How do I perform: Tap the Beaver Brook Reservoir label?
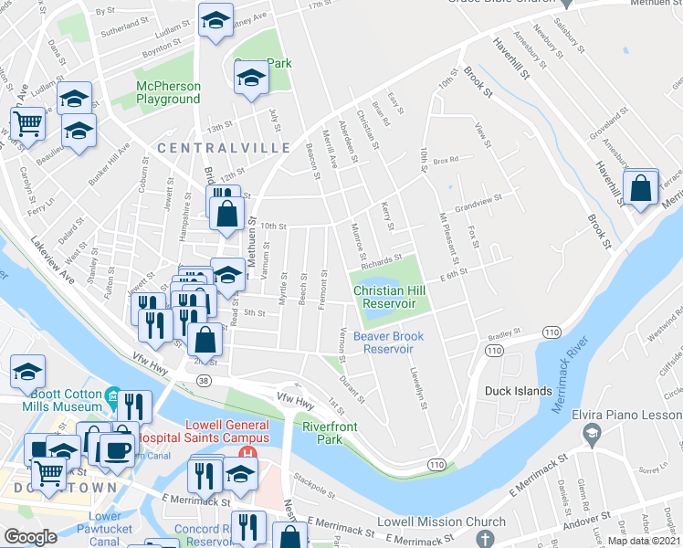[389, 342]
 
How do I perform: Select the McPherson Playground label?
[168, 92]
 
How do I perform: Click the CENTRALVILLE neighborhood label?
[224, 147]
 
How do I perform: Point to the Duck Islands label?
[517, 391]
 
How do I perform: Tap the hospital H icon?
[246, 454]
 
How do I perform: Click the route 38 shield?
[204, 380]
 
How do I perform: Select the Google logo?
[29, 537]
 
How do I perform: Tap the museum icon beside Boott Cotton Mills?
[113, 397]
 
